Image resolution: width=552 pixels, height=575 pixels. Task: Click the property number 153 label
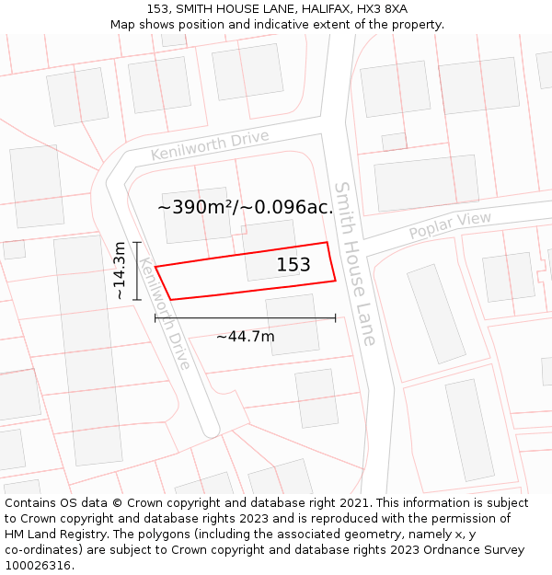tap(293, 265)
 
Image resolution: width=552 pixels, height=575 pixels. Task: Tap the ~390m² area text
tap(197, 207)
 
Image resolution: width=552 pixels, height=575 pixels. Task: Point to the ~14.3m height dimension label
tap(120, 270)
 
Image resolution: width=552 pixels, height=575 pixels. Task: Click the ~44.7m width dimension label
tap(245, 337)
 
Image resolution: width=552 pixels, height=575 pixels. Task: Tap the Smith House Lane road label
tap(355, 263)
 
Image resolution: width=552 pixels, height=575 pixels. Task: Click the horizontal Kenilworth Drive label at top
tap(210, 145)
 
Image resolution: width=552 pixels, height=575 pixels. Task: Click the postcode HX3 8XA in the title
tap(377, 9)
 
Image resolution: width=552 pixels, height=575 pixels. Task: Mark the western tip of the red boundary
tap(155, 267)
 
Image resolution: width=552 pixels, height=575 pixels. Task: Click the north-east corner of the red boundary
tap(328, 243)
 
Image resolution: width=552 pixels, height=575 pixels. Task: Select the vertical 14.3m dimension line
tap(137, 270)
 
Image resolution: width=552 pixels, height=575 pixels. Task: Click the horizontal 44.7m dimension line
tap(245, 318)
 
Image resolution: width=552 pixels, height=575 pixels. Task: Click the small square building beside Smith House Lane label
tap(394, 142)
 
